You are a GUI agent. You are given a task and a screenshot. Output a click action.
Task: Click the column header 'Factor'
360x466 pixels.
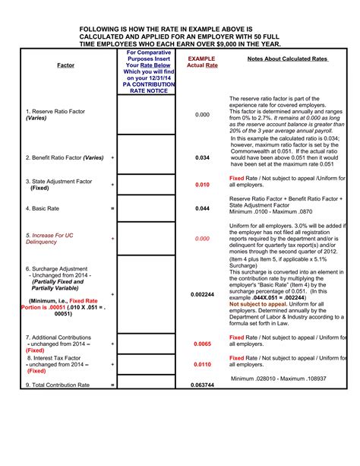click(65, 66)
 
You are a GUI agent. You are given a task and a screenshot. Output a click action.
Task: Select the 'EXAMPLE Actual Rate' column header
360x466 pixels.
click(202, 62)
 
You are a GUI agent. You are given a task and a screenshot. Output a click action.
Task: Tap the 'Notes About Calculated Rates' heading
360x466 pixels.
click(287, 59)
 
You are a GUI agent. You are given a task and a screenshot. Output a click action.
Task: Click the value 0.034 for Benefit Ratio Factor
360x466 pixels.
click(202, 157)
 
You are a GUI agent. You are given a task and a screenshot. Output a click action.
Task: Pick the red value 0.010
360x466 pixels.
click(202, 185)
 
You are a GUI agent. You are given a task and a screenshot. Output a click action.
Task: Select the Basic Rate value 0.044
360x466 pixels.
click(202, 208)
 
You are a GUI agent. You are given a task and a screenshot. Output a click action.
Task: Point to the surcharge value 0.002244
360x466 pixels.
click(202, 293)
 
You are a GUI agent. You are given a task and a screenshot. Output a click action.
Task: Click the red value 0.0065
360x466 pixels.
click(202, 344)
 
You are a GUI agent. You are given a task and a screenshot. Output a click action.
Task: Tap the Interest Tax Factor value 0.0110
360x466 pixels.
click(202, 365)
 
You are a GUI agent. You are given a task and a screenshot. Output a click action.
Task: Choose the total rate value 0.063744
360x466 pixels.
click(202, 385)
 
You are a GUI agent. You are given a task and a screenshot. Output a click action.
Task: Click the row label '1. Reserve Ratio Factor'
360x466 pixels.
click(55, 112)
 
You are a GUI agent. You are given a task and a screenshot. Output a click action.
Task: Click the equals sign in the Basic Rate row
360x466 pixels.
click(112, 208)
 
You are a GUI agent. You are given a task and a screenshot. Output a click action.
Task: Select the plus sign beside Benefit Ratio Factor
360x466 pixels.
click(112, 157)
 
